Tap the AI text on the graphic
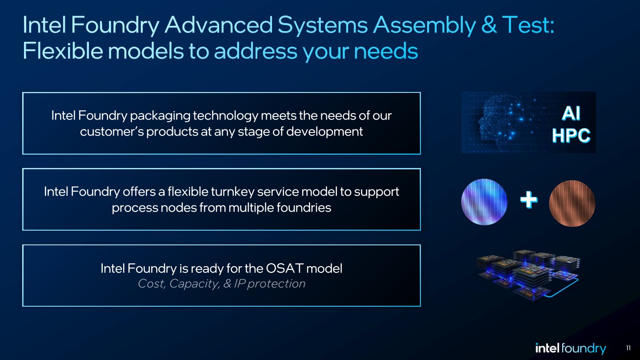pos(571,114)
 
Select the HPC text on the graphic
pos(571,135)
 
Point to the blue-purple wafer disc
pos(484,202)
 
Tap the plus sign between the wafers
pos(528,201)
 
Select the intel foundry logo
pos(570,348)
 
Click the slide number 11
pos(628,348)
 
